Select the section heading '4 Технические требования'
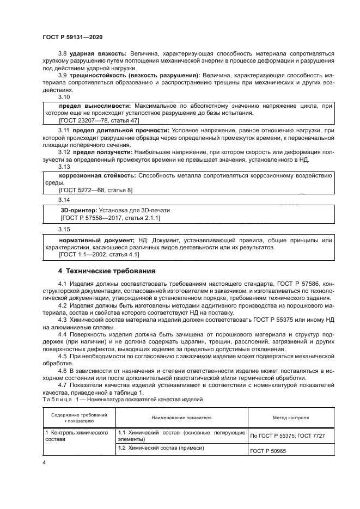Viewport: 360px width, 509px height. pyautogui.click(x=107, y=270)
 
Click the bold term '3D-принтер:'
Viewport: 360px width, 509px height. pyautogui.click(x=77, y=210)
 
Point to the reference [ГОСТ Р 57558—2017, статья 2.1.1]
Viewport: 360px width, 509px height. pyautogui.click(x=109, y=217)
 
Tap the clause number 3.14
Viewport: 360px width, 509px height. pyautogui.click(x=64, y=201)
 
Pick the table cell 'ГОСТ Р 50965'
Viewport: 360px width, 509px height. pyautogui.click(x=270, y=451)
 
